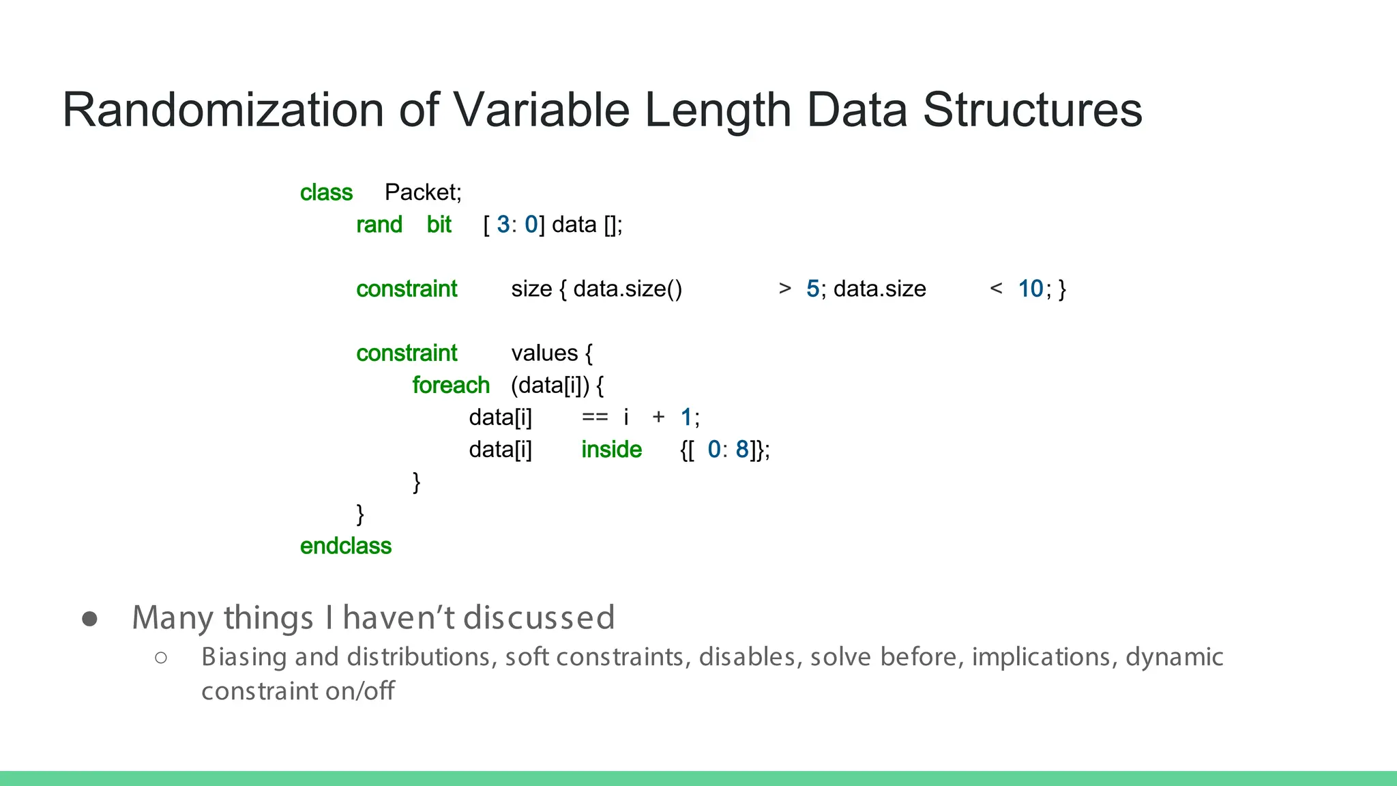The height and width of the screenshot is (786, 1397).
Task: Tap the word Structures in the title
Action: click(1032, 111)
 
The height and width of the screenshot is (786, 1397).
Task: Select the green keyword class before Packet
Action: click(326, 193)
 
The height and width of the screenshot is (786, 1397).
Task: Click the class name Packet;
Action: click(423, 192)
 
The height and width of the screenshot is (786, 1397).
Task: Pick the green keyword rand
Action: click(379, 225)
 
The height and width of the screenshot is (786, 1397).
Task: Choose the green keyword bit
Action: click(439, 225)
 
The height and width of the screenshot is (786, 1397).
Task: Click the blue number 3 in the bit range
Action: click(503, 224)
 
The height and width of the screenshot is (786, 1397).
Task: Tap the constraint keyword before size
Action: click(407, 289)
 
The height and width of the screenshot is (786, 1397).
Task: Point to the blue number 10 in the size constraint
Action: click(1030, 289)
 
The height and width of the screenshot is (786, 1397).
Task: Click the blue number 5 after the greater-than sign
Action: click(812, 289)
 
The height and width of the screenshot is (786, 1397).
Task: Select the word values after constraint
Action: click(544, 353)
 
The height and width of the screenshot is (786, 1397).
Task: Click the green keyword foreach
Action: click(451, 385)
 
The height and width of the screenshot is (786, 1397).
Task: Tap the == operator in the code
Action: click(594, 418)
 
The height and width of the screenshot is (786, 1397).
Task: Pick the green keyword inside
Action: click(611, 450)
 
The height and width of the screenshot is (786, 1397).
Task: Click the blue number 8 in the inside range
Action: click(741, 450)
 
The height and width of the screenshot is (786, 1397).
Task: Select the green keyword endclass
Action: click(346, 547)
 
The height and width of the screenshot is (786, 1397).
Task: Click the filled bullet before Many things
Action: click(89, 618)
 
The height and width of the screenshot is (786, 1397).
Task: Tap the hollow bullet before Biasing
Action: click(161, 658)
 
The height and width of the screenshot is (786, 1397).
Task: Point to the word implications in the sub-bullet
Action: click(1044, 657)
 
